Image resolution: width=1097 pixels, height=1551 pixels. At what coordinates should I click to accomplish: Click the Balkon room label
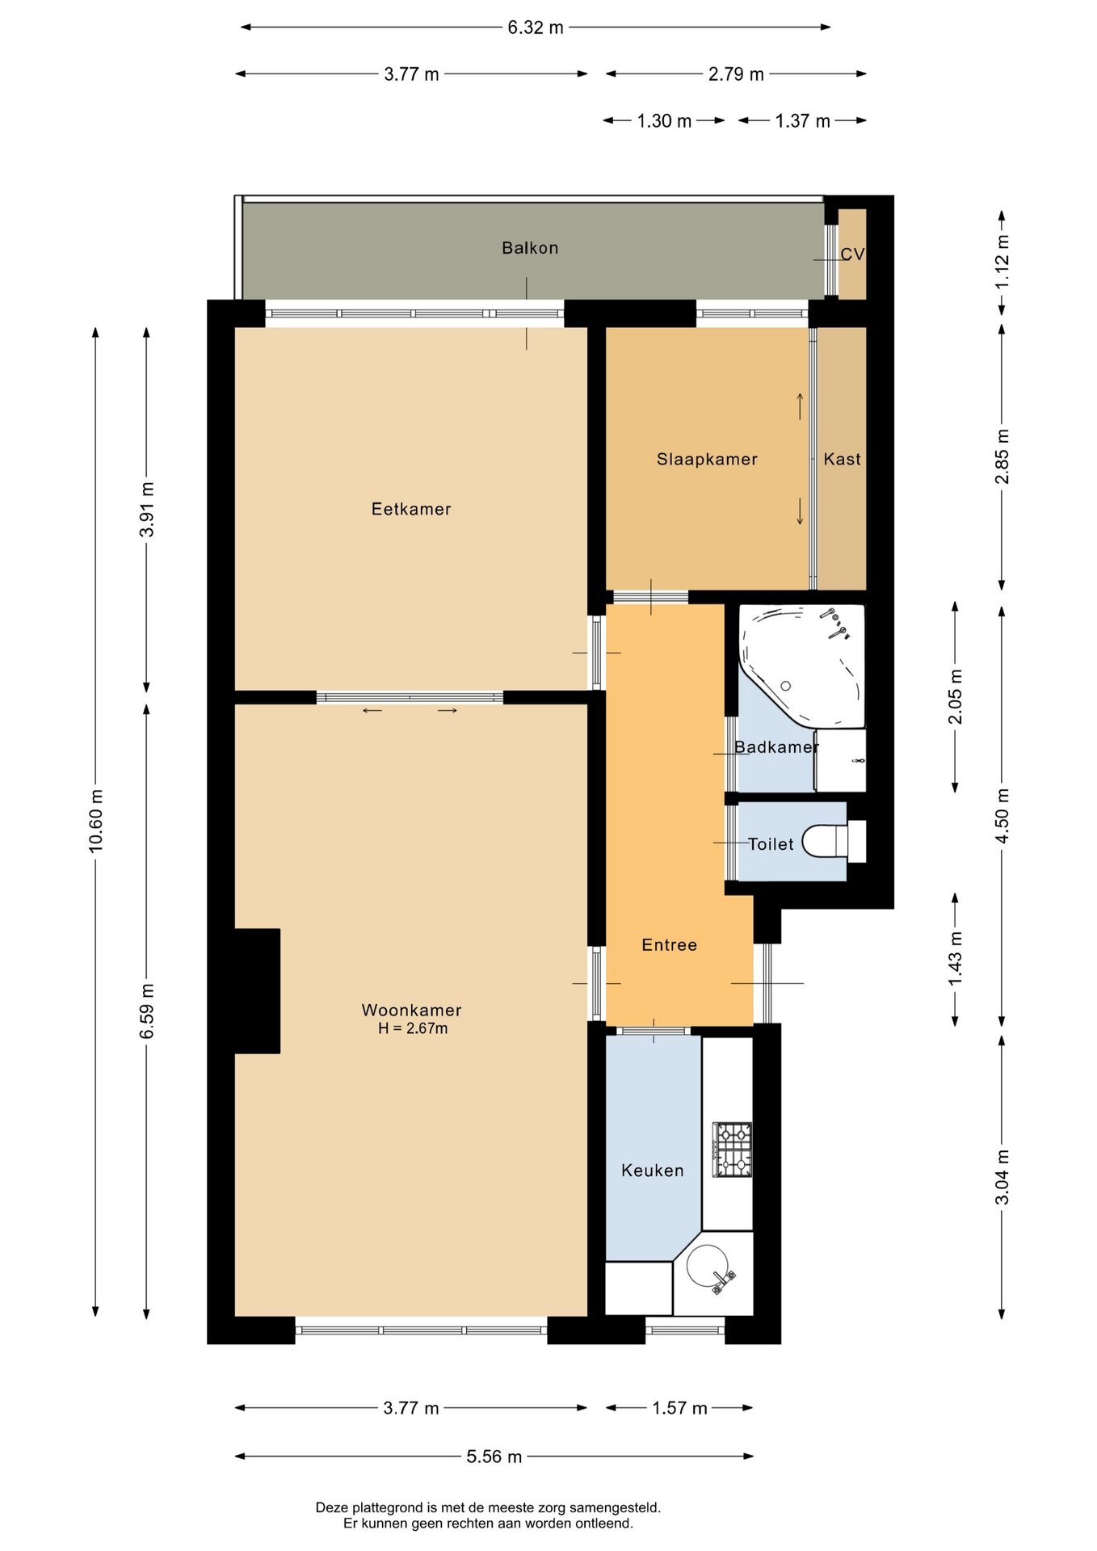[530, 248]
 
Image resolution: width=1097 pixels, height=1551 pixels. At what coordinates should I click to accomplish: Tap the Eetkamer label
[411, 509]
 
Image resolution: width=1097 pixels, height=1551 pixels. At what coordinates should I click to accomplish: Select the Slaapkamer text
[707, 460]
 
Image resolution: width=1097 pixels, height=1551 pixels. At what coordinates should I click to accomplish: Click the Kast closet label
[843, 460]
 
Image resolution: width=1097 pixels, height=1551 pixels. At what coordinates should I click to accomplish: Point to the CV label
[852, 254]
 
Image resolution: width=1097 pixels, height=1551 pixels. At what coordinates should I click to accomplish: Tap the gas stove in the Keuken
[733, 1149]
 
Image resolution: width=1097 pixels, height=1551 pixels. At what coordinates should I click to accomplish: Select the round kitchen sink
[706, 1265]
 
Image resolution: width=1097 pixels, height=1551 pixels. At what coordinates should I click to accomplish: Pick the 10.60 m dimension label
[96, 821]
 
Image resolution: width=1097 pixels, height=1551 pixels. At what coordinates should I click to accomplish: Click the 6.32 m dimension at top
[536, 27]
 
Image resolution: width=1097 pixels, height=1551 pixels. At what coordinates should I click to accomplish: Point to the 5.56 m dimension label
[494, 1456]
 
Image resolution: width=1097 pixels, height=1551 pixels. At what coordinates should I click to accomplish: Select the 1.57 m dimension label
[679, 1408]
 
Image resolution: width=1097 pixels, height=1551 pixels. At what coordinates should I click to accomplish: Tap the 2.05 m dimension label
[956, 697]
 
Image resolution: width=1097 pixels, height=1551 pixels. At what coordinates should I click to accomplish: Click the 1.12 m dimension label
[1002, 262]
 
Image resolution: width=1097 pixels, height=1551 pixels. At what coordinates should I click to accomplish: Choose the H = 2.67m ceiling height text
[413, 1028]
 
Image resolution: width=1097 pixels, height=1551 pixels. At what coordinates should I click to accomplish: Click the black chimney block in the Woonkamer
[257, 990]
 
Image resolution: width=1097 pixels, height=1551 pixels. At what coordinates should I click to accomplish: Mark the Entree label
[669, 945]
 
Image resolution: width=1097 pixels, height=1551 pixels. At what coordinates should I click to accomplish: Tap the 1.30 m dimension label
[664, 121]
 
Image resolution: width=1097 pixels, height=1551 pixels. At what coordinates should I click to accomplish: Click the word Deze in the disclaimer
[330, 1507]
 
